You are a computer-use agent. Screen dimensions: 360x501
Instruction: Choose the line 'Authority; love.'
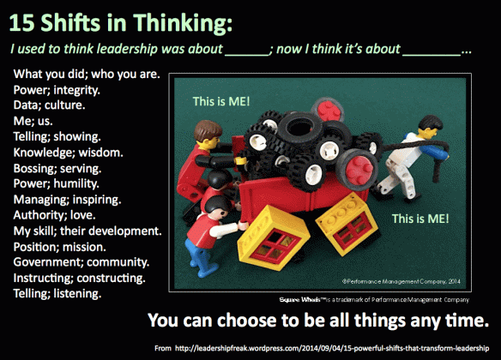pos(62,214)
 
